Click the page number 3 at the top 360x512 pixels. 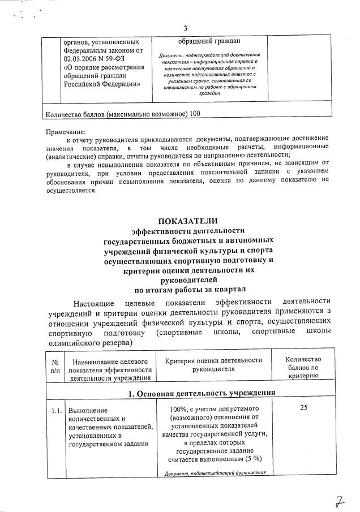point(185,29)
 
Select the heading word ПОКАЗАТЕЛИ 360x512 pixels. point(187,221)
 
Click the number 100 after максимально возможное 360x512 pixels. point(195,114)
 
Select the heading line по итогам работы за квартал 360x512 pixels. point(187,290)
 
